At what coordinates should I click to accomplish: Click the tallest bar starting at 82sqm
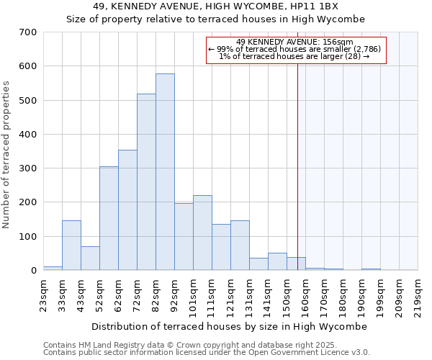coord(165,173)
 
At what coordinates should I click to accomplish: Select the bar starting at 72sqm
coord(146,182)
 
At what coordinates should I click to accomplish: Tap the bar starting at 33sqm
coord(71,246)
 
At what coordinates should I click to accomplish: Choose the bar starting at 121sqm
coord(240,246)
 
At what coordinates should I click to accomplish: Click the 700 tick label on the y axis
coord(28,32)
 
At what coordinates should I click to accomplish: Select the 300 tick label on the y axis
coord(28,168)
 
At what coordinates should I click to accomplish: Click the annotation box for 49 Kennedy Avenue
coord(296,50)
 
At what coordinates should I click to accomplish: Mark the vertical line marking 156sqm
coord(297,166)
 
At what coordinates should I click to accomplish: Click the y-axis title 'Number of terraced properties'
coord(8,154)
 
